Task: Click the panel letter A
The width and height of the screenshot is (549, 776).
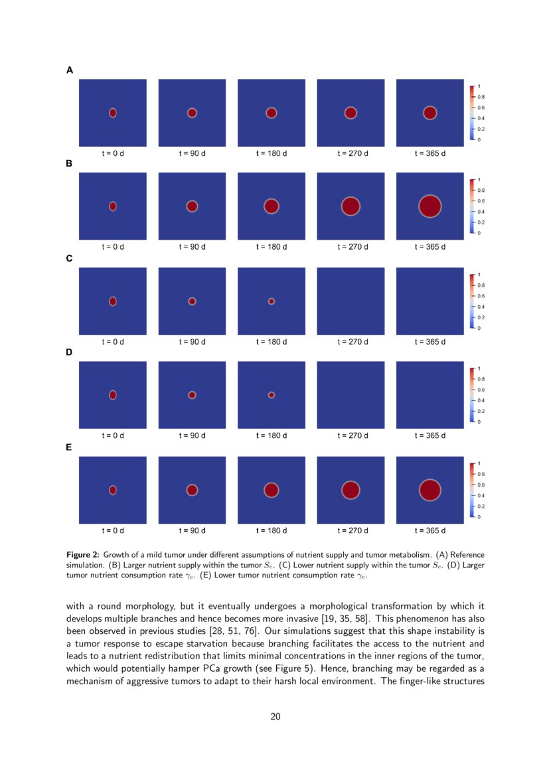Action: [70, 70]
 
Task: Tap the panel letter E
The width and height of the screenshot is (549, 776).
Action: [69, 447]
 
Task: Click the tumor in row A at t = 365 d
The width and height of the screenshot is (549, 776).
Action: [430, 113]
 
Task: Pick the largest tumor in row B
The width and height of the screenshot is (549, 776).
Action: [430, 206]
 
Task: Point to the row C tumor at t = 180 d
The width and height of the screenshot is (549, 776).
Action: [271, 301]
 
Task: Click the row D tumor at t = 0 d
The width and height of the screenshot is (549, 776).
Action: [113, 395]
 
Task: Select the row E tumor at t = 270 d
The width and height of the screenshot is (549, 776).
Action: [351, 490]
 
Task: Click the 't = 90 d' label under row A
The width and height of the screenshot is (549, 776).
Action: [192, 153]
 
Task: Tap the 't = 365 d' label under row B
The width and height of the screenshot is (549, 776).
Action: [430, 247]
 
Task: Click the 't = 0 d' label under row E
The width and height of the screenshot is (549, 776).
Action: [113, 530]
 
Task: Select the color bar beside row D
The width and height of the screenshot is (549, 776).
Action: [471, 395]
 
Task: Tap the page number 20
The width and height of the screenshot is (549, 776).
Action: [274, 716]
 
